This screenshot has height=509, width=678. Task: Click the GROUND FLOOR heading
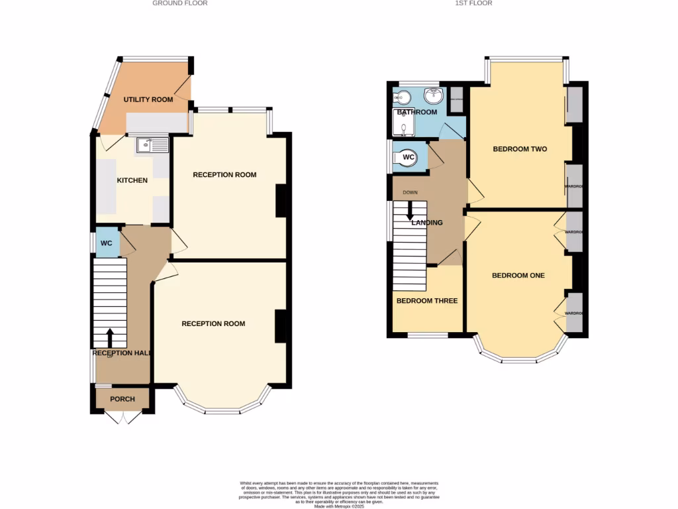coord(180,3)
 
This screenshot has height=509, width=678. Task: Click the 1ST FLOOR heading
coord(473,3)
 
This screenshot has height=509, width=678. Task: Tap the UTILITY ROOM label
coord(148,100)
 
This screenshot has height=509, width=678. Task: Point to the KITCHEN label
coord(132,181)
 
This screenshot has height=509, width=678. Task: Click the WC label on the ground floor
coord(106,243)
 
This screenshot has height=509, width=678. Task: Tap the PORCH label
coord(122,399)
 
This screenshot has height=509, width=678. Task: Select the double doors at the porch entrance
coord(122,418)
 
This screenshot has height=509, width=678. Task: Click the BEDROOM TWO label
coord(520,149)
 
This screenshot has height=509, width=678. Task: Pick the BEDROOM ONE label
coord(518,276)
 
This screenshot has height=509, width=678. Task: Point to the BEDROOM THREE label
coord(427,301)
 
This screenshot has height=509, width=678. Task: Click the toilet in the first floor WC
coord(404,158)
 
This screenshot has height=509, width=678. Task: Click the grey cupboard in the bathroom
coord(456,99)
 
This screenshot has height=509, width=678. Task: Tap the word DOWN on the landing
coord(410,194)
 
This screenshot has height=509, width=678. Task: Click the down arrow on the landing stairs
coord(410,211)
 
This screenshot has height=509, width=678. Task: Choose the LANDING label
coord(427,223)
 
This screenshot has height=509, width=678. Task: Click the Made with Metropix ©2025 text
coord(339,507)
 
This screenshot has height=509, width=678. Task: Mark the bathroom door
coord(453,130)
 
